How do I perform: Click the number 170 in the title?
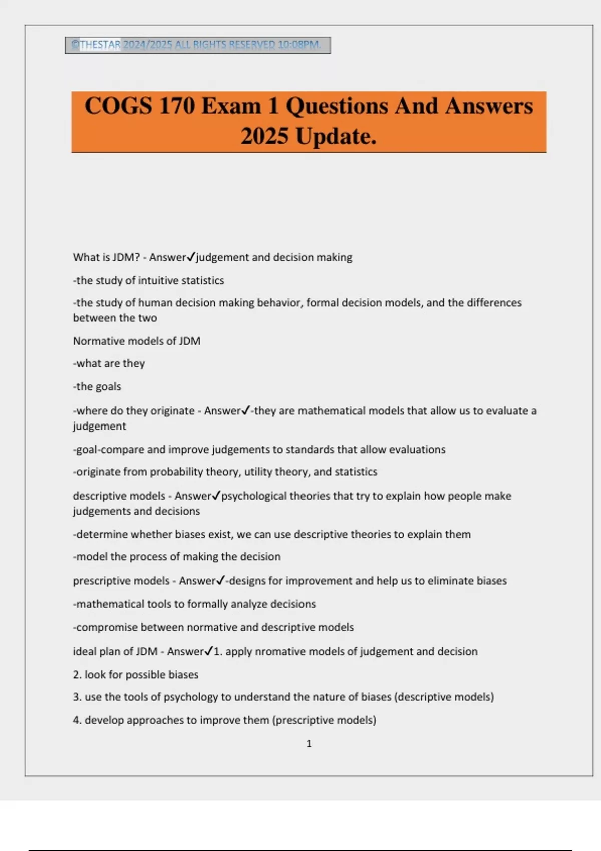pos(176,106)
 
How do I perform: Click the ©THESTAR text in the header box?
pos(96,45)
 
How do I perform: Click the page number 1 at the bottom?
pos(309,744)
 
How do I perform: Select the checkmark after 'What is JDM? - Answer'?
pos(191,257)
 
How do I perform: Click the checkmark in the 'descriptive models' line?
pos(216,496)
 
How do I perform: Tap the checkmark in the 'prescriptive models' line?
pos(221,581)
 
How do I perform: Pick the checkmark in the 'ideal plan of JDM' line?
pos(209,651)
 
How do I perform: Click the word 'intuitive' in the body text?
pos(159,280)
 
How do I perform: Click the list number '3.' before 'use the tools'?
pos(77,697)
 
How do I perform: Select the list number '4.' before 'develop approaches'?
pos(77,720)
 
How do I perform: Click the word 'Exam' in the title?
pos(231,106)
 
